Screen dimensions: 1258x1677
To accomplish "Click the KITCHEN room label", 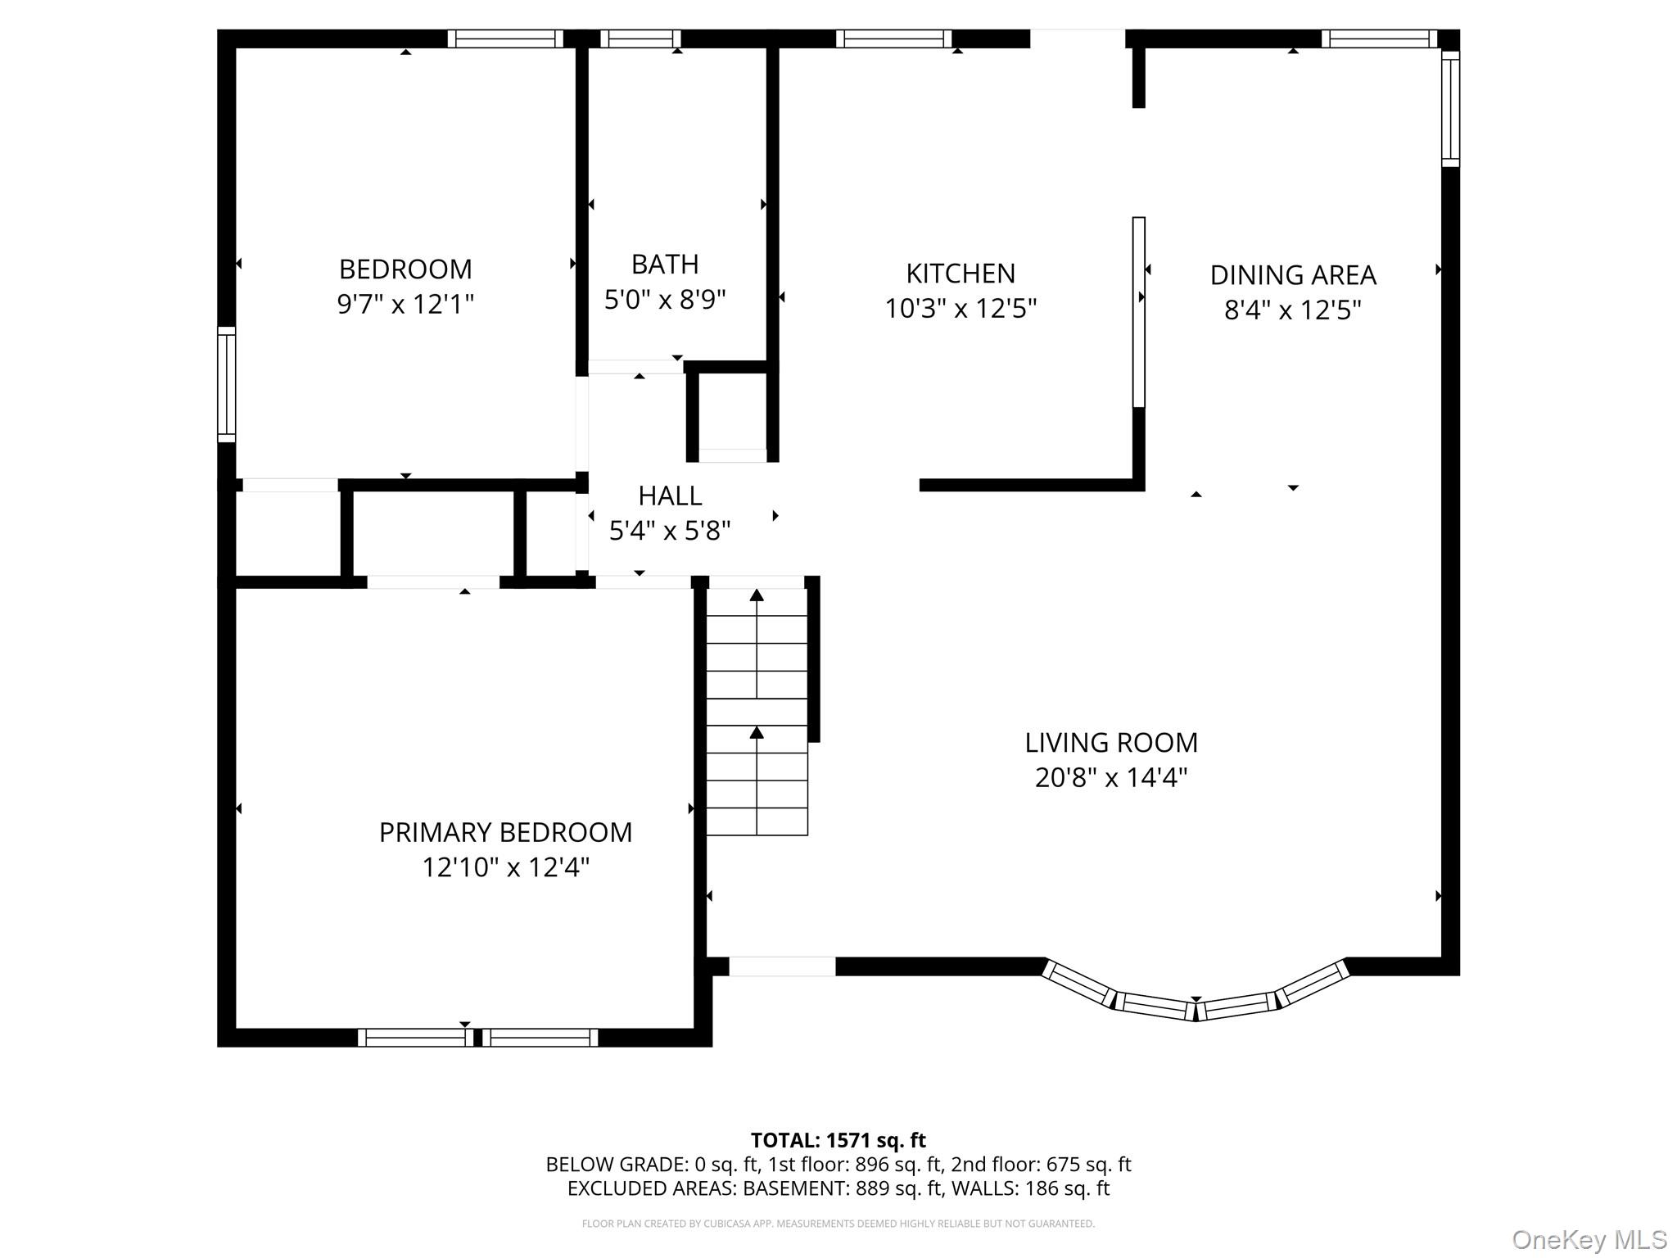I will pos(961,273).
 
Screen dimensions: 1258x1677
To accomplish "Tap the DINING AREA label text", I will pos(1292,274).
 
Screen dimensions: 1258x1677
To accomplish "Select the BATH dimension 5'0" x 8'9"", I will pos(665,300).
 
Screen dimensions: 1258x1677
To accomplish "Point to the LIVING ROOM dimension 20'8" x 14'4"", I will pos(1110,777).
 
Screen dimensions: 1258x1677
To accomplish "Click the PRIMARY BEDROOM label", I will pos(505,832).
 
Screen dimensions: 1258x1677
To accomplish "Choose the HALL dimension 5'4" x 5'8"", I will pos(669,532).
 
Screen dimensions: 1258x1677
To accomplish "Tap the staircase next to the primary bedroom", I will pos(757,713).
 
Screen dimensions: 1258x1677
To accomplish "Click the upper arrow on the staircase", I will pos(757,596).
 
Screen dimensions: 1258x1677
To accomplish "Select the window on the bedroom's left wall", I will pos(226,385).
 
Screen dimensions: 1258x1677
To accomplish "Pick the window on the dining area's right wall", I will pos(1449,109).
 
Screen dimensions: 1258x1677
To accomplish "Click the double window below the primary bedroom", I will pos(477,1038).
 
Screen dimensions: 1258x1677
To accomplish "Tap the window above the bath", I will pos(640,38).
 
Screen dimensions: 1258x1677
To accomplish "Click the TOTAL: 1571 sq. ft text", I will pos(838,1140).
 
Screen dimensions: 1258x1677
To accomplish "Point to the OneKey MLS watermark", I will pos(1589,1239).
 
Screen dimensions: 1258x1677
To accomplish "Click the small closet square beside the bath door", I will pos(732,411).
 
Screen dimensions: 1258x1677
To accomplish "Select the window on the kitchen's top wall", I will pos(893,38).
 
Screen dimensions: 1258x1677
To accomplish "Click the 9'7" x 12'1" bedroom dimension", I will pos(405,305).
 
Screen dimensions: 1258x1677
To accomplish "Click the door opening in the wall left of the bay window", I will pos(781,966).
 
